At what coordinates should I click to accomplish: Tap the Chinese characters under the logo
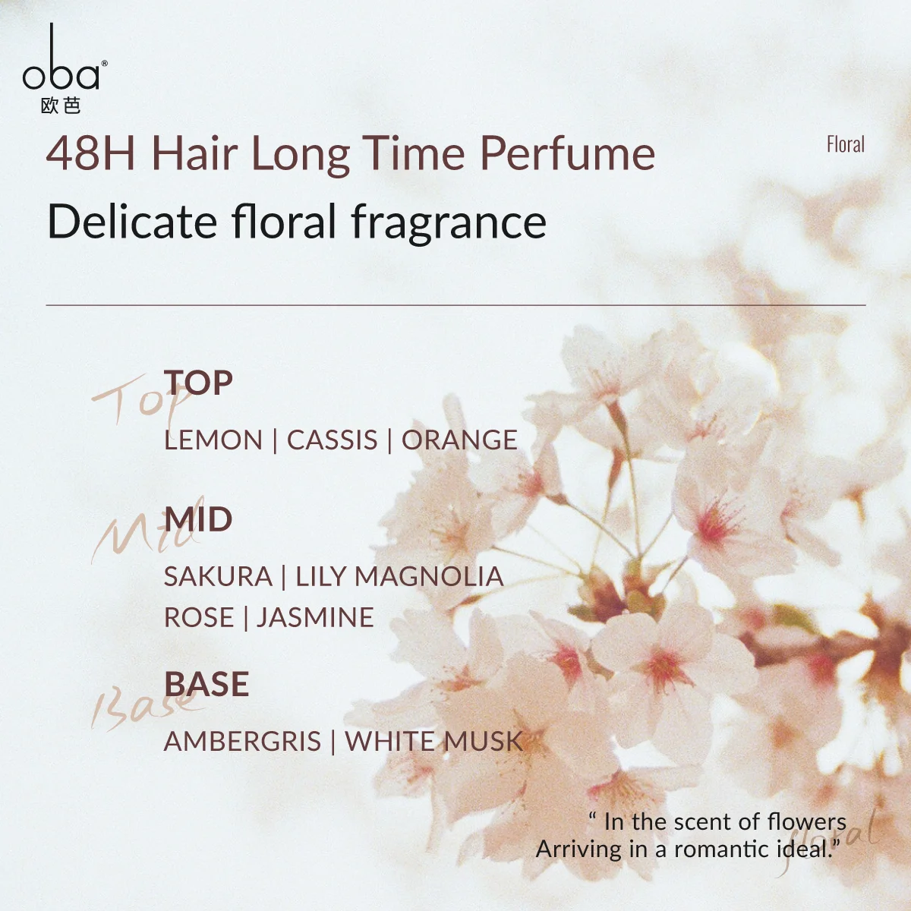61,106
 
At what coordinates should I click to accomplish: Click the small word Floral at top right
846,145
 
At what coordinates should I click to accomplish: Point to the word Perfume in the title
567,153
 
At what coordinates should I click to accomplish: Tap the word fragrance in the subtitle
449,223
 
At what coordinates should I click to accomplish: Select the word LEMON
213,440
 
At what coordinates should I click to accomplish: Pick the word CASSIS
333,440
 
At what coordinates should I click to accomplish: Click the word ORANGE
459,440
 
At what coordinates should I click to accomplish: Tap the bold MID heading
198,519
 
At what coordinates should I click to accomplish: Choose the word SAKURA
218,576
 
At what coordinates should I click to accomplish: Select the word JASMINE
315,617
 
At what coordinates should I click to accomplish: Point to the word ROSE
199,617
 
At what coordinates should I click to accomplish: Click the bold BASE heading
206,684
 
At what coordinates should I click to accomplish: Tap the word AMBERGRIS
242,741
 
